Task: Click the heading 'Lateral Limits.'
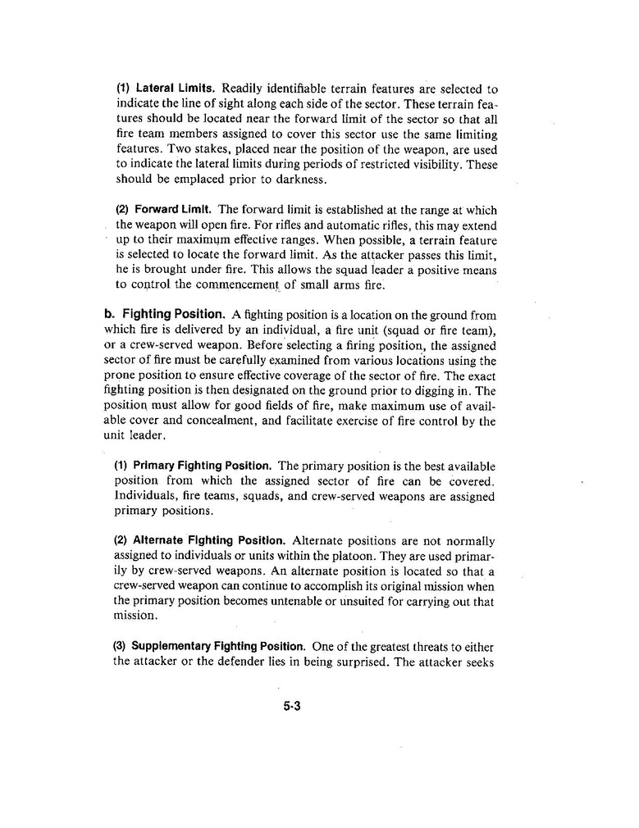pos(176,89)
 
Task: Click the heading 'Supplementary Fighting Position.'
pos(217,646)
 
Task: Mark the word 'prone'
pos(121,375)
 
